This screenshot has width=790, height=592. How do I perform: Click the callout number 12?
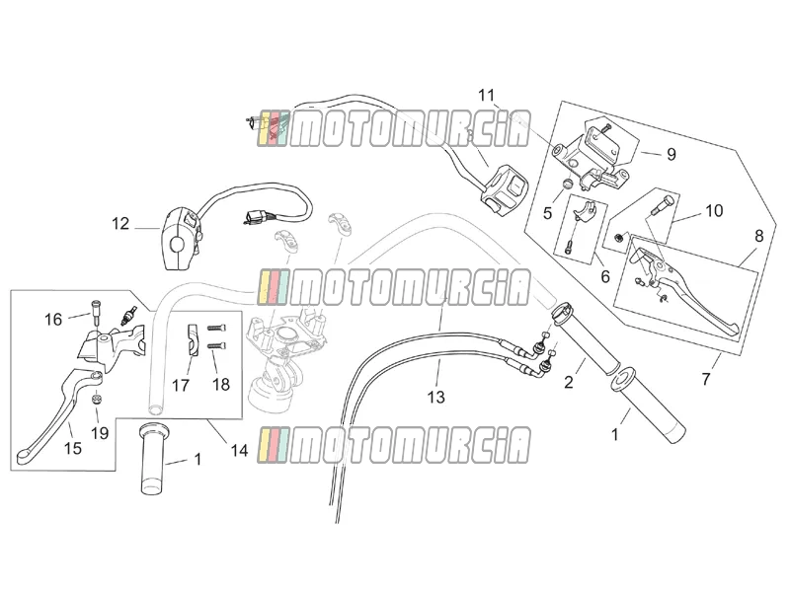[x=120, y=224]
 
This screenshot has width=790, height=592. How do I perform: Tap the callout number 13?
[x=436, y=397]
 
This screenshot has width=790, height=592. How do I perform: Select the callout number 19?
[x=100, y=432]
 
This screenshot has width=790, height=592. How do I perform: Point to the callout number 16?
[x=53, y=319]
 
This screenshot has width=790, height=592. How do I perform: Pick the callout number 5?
[x=548, y=213]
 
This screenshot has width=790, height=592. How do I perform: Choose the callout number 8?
[x=758, y=236]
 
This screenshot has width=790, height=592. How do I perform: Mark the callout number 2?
[x=569, y=382]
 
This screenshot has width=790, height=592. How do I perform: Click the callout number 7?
[x=706, y=379]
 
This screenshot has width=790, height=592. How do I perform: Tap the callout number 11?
[x=486, y=95]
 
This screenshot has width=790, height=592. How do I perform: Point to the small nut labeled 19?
[x=97, y=400]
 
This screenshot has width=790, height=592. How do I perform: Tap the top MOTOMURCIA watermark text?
[x=394, y=129]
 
